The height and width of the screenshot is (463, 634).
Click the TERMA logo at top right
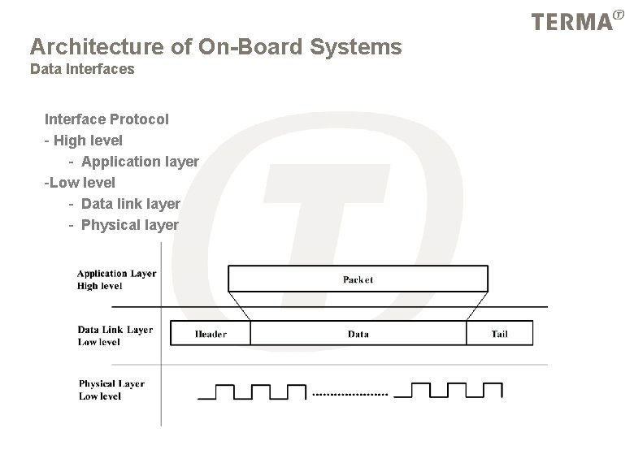tap(573, 22)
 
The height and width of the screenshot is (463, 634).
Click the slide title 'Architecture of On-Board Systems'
tap(215, 47)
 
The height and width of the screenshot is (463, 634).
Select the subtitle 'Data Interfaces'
tap(82, 69)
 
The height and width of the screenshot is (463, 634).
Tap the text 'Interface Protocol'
tap(106, 119)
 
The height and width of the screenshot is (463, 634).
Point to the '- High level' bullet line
tap(84, 141)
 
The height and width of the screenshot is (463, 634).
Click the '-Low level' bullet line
tap(80, 183)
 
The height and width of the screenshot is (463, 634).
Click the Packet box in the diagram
tap(358, 279)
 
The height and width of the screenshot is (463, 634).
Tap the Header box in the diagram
tap(211, 333)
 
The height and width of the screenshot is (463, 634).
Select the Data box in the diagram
tap(358, 333)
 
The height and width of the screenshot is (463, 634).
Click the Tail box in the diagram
tap(499, 333)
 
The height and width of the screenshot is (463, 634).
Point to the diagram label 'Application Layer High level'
tap(116, 279)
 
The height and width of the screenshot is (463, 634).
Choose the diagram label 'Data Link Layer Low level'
tap(115, 335)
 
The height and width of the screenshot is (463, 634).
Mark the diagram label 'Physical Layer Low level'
tap(111, 390)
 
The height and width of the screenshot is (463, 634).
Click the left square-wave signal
tap(253, 392)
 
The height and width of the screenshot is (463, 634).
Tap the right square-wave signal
tap(454, 392)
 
